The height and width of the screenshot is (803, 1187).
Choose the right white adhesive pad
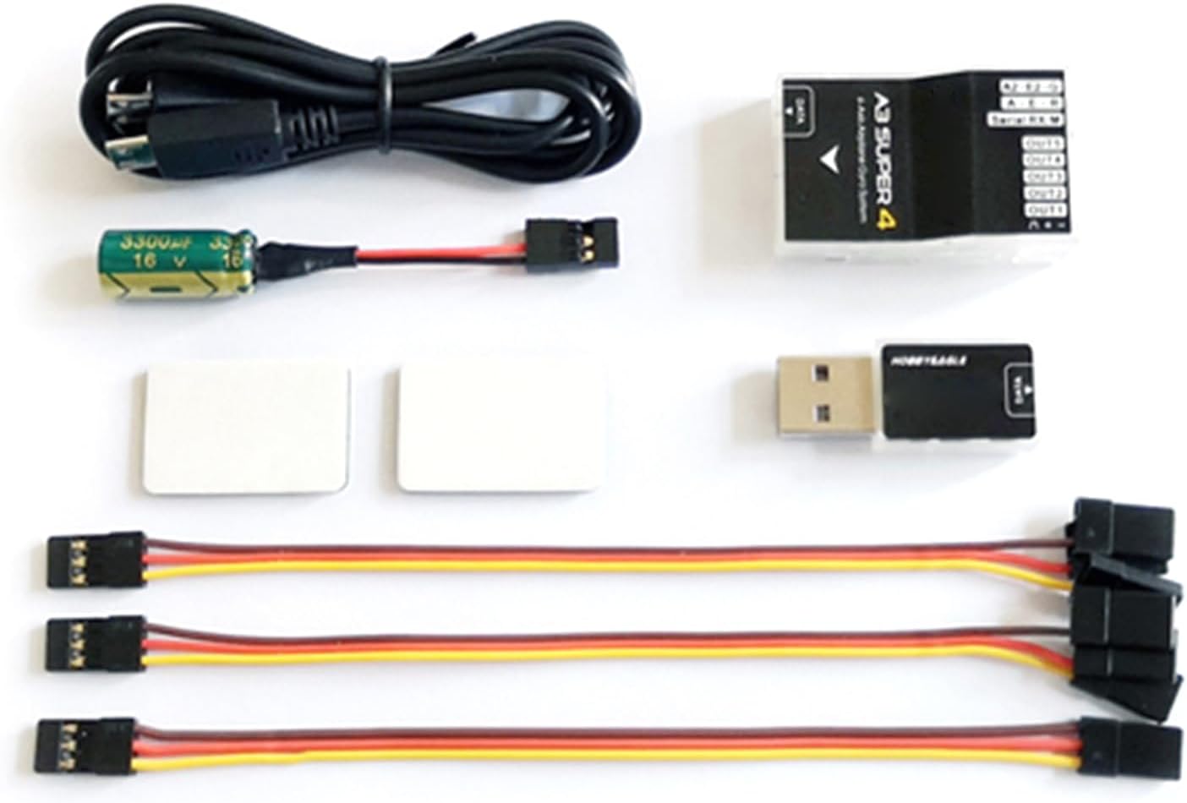coord(501,428)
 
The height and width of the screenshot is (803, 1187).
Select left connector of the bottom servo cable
coord(85,744)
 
